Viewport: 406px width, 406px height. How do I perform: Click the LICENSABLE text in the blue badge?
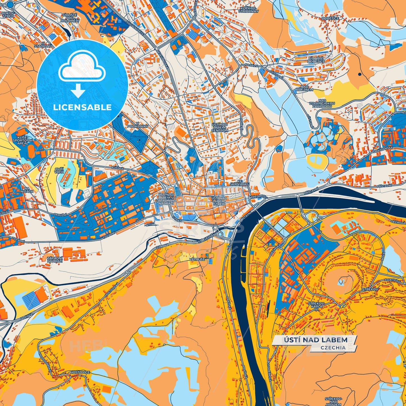click(82, 107)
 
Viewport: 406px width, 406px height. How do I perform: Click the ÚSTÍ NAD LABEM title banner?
click(315, 340)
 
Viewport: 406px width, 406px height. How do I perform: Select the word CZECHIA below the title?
click(333, 348)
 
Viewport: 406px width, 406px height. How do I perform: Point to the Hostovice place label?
click(80, 373)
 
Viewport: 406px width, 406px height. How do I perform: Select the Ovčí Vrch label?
click(59, 170)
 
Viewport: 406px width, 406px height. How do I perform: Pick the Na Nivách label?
click(27, 190)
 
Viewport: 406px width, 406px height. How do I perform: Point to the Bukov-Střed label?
click(8, 15)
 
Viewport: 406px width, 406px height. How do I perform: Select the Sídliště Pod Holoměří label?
click(69, 19)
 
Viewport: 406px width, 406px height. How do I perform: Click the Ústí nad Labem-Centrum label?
click(220, 128)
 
